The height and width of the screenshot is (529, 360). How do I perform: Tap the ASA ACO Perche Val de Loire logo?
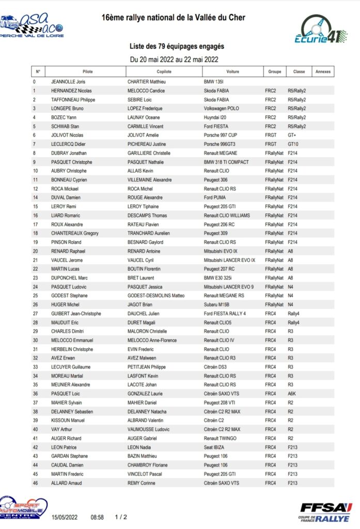32,26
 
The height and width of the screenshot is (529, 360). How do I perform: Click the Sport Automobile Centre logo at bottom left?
23,508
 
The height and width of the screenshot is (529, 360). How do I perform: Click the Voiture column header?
232,72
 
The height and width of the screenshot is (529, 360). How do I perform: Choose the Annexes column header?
323,72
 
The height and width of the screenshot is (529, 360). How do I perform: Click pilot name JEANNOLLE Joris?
68,82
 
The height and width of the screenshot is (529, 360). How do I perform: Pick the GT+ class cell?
292,135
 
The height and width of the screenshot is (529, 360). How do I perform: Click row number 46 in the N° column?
35,483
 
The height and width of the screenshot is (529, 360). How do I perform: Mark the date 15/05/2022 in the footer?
64,517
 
